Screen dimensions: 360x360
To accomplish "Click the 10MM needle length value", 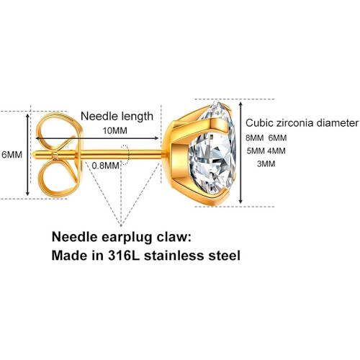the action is click(115, 131).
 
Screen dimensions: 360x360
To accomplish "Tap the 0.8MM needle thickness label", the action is click(105, 166).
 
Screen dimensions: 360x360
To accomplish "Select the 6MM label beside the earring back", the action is click(12, 155).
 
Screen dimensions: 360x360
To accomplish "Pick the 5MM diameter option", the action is click(256, 151).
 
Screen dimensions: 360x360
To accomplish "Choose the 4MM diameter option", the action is click(276, 151).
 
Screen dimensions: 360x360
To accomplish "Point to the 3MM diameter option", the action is click(266, 164).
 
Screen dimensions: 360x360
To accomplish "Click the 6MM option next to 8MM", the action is click(277, 138).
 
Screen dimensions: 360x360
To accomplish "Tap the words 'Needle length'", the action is click(117, 117).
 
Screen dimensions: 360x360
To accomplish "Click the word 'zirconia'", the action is click(295, 123).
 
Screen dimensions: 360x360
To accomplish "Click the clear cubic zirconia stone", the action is click(212, 152).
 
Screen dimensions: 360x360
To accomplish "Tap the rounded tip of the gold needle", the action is click(34, 155).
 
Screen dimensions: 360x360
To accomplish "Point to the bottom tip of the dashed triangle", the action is click(121, 226).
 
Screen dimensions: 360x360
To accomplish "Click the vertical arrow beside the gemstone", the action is click(241, 153).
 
